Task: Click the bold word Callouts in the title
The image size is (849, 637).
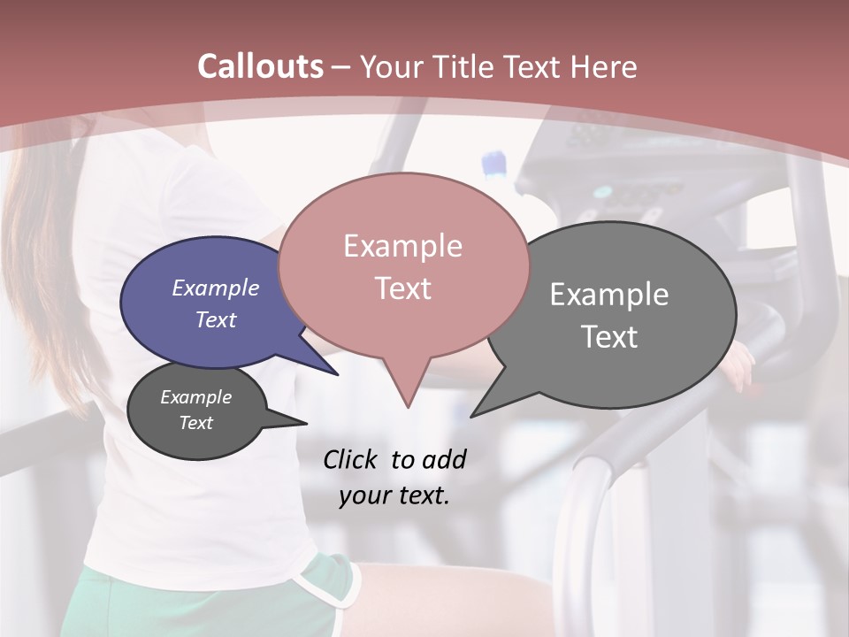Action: point(260,66)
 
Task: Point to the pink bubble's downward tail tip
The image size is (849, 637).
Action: point(408,406)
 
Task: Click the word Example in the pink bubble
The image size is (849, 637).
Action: point(402,246)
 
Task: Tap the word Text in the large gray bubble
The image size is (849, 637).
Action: point(609,337)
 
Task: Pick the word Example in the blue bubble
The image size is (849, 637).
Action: point(215,288)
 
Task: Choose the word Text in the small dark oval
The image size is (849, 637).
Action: point(195,423)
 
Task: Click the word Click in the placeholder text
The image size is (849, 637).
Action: point(350,459)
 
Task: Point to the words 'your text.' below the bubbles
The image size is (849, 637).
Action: point(394,495)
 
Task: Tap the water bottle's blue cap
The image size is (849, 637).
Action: point(494,163)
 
